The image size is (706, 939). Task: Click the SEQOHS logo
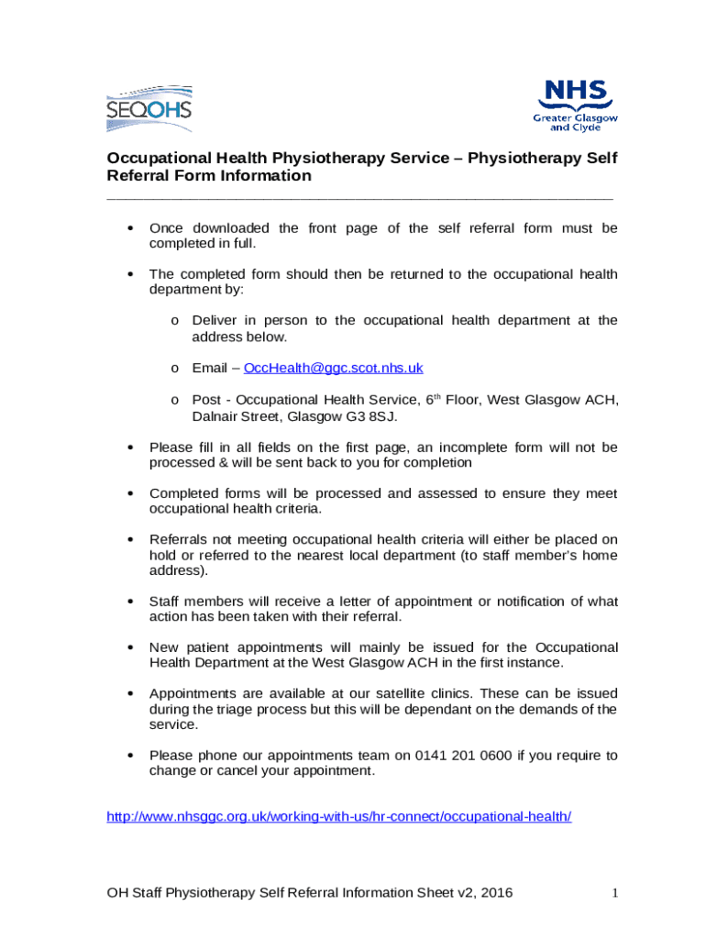pos(149,107)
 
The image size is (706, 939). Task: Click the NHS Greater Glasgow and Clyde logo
pos(576,105)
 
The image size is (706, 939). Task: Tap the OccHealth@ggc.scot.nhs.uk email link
pos(333,368)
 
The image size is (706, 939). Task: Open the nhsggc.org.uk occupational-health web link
pos(339,816)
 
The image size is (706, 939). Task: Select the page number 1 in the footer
pos(616,892)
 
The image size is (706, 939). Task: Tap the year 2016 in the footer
pos(495,892)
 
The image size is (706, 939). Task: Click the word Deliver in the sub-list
pos(215,320)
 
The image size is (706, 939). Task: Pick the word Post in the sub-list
pos(206,400)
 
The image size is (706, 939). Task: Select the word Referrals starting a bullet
pos(180,539)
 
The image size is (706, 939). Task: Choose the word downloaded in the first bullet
pos(231,228)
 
